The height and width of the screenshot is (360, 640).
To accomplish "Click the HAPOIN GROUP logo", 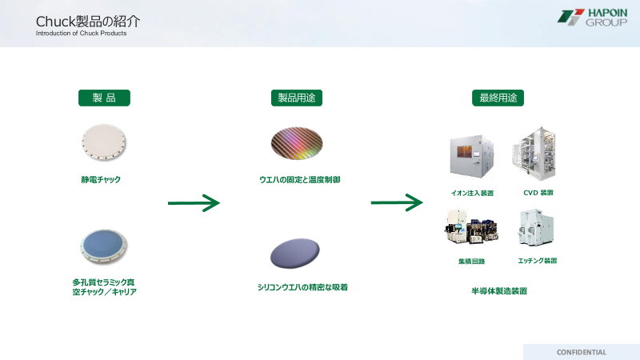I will click(592, 18).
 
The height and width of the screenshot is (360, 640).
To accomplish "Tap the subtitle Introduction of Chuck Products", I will click(81, 34).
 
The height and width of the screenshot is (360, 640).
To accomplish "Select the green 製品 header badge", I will click(104, 98).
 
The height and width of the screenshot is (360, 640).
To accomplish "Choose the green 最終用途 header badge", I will click(498, 98).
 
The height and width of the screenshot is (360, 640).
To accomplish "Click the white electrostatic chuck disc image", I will click(104, 142).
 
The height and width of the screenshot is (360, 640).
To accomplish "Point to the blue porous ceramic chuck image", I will click(104, 246).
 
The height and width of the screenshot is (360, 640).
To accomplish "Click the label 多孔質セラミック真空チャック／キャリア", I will click(104, 286).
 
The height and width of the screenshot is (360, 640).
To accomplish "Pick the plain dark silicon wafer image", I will click(296, 254).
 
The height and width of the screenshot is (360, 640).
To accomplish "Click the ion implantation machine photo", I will click(472, 156).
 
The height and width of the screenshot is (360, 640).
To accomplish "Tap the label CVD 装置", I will click(538, 193).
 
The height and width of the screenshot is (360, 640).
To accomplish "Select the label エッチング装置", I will click(538, 261).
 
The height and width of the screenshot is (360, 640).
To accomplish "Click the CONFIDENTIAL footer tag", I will click(581, 352).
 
